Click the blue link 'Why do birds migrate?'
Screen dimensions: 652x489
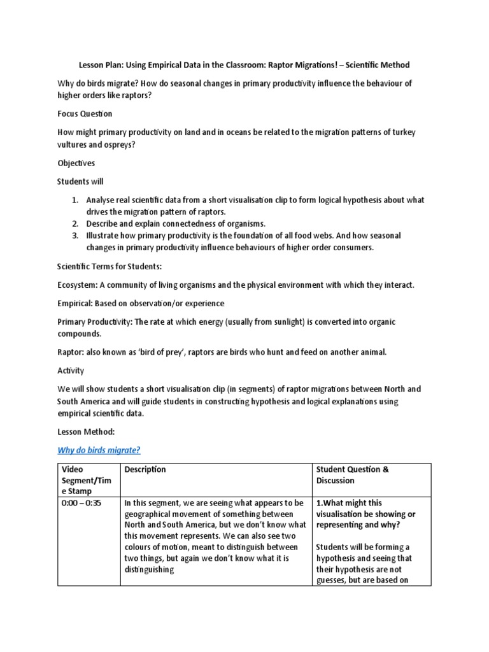coord(99,451)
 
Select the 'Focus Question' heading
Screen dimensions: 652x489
coord(84,113)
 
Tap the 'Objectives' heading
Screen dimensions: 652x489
coord(76,163)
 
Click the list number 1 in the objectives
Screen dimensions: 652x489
coord(74,200)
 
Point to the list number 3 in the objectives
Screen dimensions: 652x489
coord(74,236)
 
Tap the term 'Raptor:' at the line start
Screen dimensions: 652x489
coord(73,351)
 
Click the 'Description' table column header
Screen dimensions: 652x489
coord(145,470)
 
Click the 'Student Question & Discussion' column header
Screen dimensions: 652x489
coord(352,475)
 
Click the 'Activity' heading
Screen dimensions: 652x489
coord(71,370)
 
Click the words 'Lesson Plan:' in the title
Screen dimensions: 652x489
coord(101,65)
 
